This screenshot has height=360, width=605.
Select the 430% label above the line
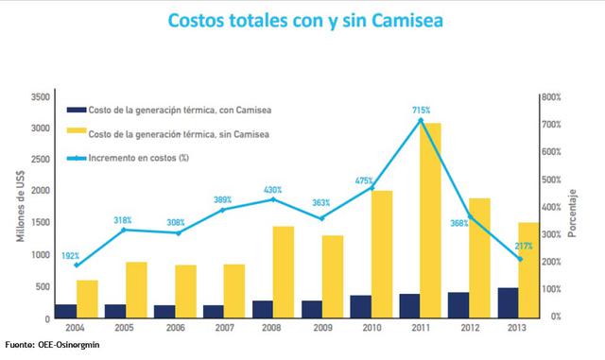[272, 189]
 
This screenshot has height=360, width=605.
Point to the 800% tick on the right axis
[552, 97]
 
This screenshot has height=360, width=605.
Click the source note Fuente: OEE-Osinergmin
[50, 347]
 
